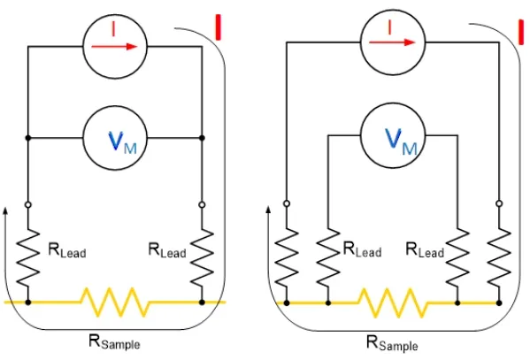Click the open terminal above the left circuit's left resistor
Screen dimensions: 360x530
pyautogui.click(x=28, y=204)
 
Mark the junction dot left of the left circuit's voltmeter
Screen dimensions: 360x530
pyautogui.click(x=28, y=138)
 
